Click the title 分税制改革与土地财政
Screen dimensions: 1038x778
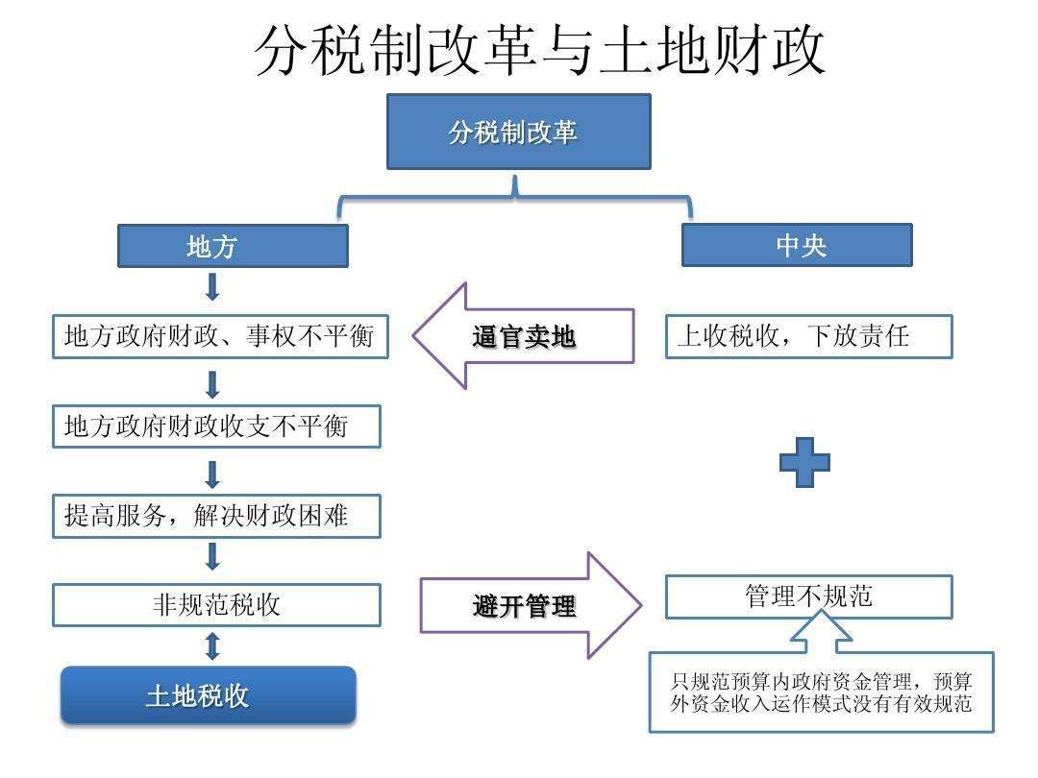click(x=539, y=50)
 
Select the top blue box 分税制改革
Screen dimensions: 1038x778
click(x=518, y=132)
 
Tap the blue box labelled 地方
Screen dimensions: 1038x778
click(x=233, y=246)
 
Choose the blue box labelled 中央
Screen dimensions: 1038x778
click(x=797, y=246)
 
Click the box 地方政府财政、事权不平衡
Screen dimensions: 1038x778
click(x=220, y=337)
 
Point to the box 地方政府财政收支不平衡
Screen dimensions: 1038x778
click(x=216, y=426)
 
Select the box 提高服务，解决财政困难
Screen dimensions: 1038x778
click(x=216, y=516)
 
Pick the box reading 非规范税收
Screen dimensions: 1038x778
click(x=216, y=605)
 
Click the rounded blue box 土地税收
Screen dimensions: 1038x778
click(x=209, y=695)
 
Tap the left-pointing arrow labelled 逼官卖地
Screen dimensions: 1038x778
click(x=523, y=336)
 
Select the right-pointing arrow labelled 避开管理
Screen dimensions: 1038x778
click(x=531, y=605)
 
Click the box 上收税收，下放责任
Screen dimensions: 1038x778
click(x=809, y=337)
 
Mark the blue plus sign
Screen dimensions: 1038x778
click(x=804, y=462)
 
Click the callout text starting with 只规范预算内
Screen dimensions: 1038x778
click(x=821, y=692)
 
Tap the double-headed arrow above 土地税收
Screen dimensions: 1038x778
click(x=212, y=646)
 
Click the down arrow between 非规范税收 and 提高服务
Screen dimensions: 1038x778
click(x=212, y=556)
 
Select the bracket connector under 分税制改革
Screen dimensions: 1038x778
click(x=514, y=196)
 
